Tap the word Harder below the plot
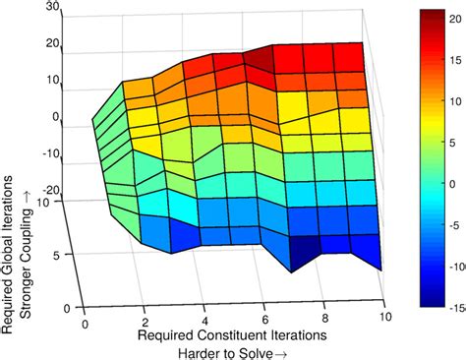click(198, 351)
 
